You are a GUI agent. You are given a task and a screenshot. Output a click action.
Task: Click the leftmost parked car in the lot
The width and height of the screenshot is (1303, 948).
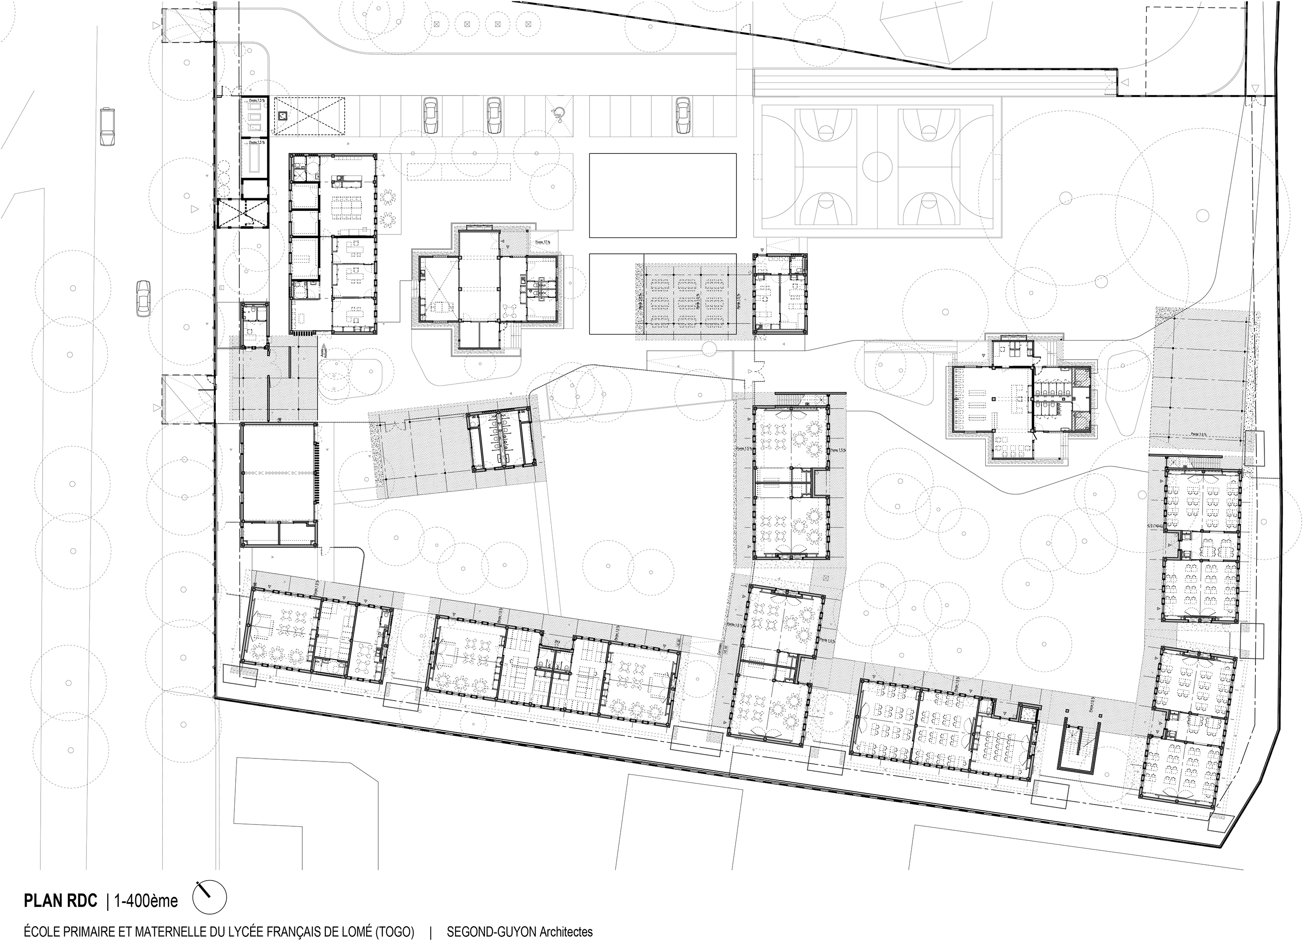(429, 115)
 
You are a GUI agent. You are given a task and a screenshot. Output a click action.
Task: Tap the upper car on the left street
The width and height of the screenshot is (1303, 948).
(106, 126)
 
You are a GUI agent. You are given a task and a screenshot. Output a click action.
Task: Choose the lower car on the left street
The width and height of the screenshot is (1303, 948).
(143, 298)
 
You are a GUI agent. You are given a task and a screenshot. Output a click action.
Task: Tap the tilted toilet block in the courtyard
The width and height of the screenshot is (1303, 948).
(500, 440)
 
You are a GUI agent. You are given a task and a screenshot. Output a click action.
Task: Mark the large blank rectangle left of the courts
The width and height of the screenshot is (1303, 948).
(662, 195)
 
